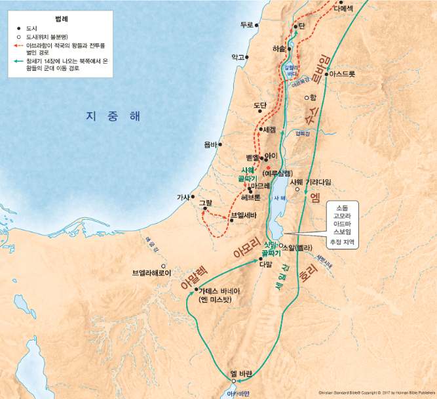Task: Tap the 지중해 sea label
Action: click(113, 116)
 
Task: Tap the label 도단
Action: click(260, 105)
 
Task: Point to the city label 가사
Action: click(183, 196)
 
